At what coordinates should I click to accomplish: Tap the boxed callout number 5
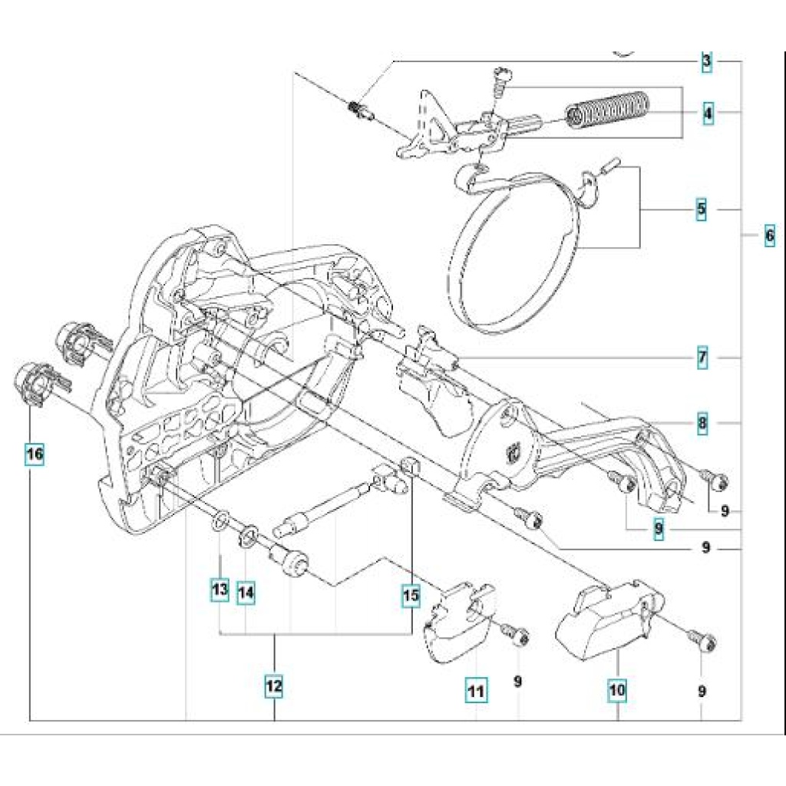[702, 209]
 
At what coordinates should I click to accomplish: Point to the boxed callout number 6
[769, 237]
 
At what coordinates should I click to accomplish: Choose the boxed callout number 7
[702, 358]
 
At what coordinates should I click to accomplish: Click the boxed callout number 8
[702, 423]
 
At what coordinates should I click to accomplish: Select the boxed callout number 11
[476, 690]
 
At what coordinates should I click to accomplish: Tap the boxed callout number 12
[274, 685]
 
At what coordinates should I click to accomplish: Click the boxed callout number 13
[220, 589]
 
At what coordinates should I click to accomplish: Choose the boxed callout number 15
[411, 593]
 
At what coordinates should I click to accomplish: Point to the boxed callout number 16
[34, 454]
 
